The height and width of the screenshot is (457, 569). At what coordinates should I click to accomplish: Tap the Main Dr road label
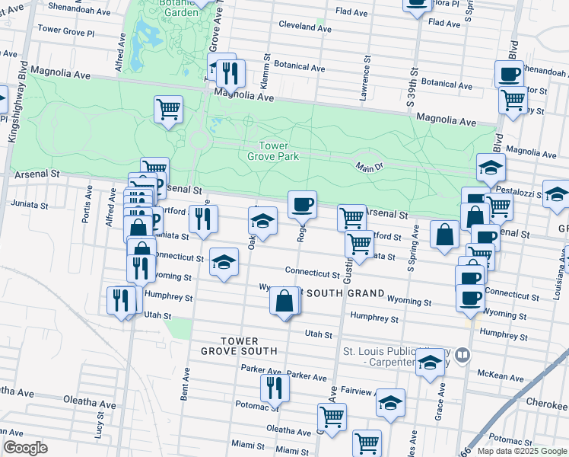pyautogui.click(x=369, y=168)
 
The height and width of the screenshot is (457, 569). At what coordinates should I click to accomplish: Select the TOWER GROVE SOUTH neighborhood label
pyautogui.click(x=239, y=346)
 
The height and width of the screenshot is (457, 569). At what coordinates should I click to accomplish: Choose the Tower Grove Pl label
pyautogui.click(x=65, y=34)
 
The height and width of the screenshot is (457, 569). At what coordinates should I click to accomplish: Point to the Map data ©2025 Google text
pyautogui.click(x=521, y=451)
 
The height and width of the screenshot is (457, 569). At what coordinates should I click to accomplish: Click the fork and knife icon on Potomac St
pyautogui.click(x=274, y=388)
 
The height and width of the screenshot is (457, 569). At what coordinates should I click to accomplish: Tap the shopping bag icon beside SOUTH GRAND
pyautogui.click(x=284, y=302)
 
